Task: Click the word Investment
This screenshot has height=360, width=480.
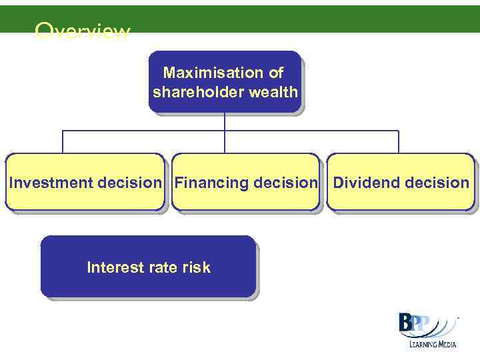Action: pyautogui.click(x=51, y=183)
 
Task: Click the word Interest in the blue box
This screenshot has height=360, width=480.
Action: pyautogui.click(x=115, y=267)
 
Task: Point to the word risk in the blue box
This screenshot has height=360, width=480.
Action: pyautogui.click(x=197, y=267)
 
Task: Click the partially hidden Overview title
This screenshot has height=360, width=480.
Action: pyautogui.click(x=83, y=31)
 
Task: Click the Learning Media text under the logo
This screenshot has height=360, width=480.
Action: pyautogui.click(x=429, y=345)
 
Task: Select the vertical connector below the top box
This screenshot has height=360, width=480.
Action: pyautogui.click(x=225, y=121)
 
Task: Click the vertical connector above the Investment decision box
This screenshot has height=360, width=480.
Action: pyautogui.click(x=63, y=142)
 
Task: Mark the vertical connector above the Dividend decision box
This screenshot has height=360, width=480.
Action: pyautogui.click(x=399, y=142)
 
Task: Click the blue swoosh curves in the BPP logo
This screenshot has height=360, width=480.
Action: pyautogui.click(x=440, y=327)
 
